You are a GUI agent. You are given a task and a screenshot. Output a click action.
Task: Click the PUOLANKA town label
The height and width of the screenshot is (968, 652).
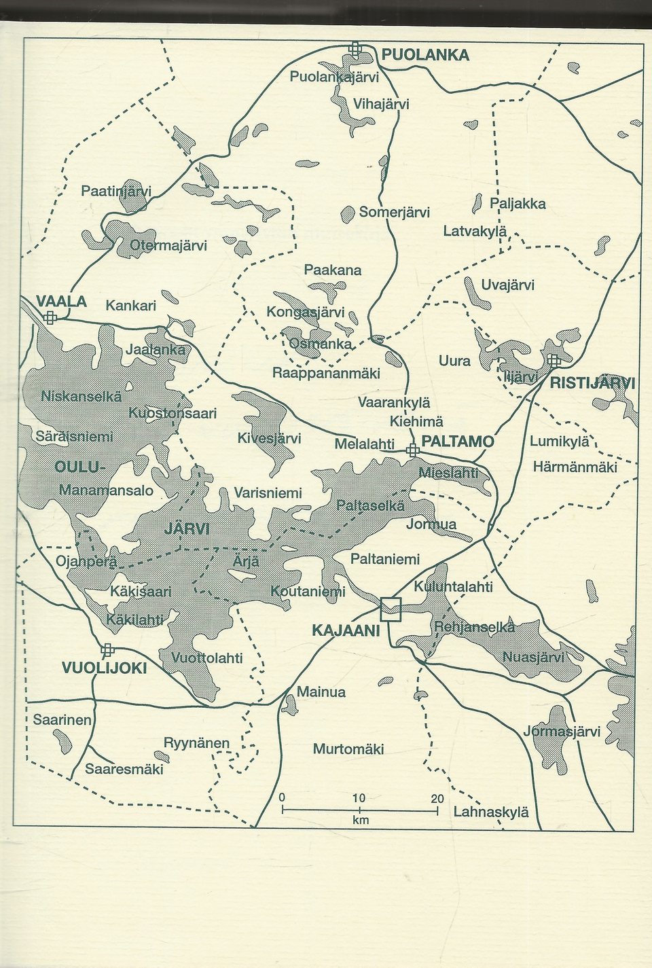(x=425, y=55)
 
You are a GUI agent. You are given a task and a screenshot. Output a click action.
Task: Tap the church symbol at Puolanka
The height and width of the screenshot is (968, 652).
(x=355, y=48)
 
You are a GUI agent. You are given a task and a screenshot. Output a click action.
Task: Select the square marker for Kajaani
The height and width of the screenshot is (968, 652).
(x=391, y=609)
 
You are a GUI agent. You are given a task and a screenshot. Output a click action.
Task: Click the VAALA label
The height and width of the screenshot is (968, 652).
(x=61, y=302)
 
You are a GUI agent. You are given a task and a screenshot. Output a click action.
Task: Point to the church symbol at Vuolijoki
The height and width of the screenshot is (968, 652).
(x=107, y=651)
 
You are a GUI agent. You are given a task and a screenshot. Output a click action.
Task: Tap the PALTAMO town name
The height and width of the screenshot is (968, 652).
(x=458, y=442)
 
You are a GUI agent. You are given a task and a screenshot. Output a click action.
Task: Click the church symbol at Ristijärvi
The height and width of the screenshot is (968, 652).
(x=554, y=359)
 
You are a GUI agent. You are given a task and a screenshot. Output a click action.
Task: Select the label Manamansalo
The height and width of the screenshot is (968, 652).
(x=107, y=490)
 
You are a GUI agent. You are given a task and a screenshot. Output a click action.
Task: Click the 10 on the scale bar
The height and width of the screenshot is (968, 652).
(x=359, y=798)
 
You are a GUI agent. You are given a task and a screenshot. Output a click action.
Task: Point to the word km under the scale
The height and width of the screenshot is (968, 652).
(x=360, y=821)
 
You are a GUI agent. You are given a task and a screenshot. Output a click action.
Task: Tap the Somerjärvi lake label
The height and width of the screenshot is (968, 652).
(x=395, y=212)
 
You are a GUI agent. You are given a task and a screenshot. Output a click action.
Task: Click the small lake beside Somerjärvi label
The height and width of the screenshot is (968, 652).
(x=348, y=215)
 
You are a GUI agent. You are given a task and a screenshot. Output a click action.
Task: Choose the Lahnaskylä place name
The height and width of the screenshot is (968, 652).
(x=490, y=812)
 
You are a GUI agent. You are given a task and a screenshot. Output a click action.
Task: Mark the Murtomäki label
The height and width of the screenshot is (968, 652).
(x=348, y=749)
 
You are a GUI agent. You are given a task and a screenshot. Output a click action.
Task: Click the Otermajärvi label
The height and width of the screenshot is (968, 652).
(x=168, y=245)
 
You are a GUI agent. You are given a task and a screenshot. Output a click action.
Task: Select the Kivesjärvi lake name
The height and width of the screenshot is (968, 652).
(x=269, y=438)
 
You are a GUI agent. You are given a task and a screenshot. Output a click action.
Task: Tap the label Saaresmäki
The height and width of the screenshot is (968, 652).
(x=124, y=769)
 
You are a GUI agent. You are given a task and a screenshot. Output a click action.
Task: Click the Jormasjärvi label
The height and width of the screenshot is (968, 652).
(x=562, y=732)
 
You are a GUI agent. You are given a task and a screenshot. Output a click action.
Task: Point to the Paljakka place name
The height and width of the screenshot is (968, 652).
(x=518, y=204)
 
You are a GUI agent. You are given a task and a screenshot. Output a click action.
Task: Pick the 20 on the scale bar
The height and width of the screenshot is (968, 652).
(x=437, y=798)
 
